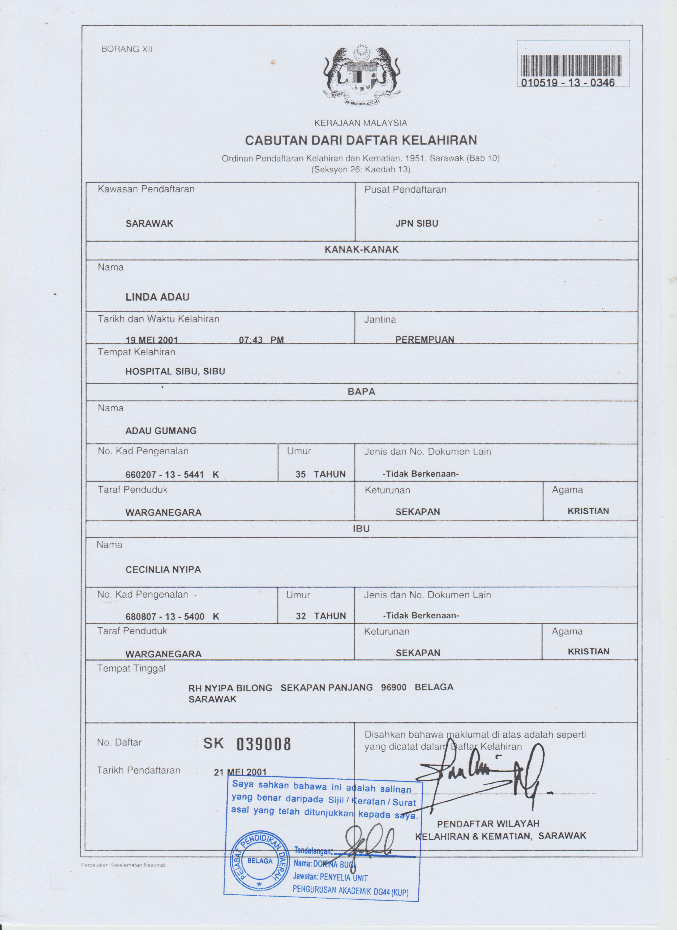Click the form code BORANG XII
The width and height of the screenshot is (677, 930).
[x=127, y=49]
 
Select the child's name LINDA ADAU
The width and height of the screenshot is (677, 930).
[x=157, y=297]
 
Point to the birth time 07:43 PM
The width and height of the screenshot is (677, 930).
[x=261, y=340]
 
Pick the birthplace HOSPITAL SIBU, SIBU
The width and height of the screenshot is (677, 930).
[x=175, y=372]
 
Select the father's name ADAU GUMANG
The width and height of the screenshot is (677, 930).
[x=161, y=431]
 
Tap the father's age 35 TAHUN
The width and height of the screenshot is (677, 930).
[x=320, y=474]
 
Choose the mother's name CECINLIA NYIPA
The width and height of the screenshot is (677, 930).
[x=163, y=570]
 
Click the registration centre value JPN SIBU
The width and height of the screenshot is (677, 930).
[x=417, y=224]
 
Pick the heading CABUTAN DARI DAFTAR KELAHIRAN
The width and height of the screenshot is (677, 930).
[x=361, y=140]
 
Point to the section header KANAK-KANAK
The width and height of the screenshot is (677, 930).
[x=361, y=250]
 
